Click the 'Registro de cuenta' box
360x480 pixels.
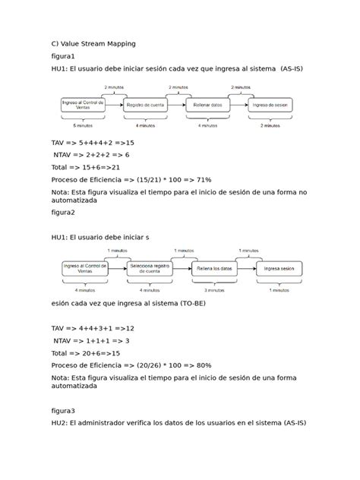[x=145, y=106]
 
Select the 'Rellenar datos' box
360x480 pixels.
[x=207, y=106]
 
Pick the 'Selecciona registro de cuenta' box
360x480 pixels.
[x=150, y=269]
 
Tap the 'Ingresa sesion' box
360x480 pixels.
[x=279, y=270]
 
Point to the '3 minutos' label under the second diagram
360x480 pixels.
[x=213, y=289]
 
